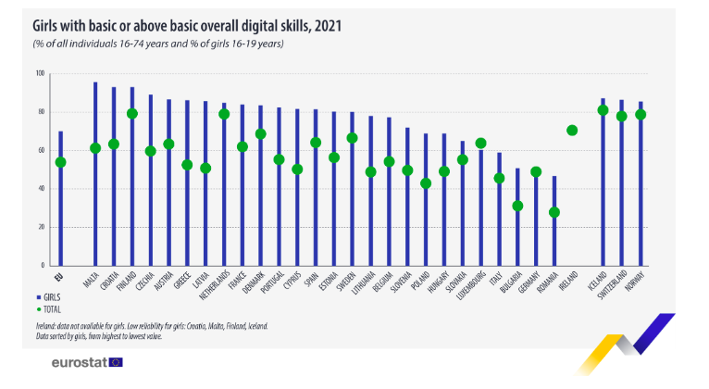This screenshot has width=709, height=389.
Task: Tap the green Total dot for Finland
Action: (x=132, y=114)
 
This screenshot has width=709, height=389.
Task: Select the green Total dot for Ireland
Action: (x=572, y=130)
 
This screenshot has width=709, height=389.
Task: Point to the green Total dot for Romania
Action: (x=554, y=212)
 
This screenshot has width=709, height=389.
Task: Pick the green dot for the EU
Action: (x=61, y=162)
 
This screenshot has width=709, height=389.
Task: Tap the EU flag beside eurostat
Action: (x=116, y=361)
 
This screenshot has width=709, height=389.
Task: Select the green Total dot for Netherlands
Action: (x=223, y=114)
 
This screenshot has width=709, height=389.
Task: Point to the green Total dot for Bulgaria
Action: (x=517, y=206)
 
